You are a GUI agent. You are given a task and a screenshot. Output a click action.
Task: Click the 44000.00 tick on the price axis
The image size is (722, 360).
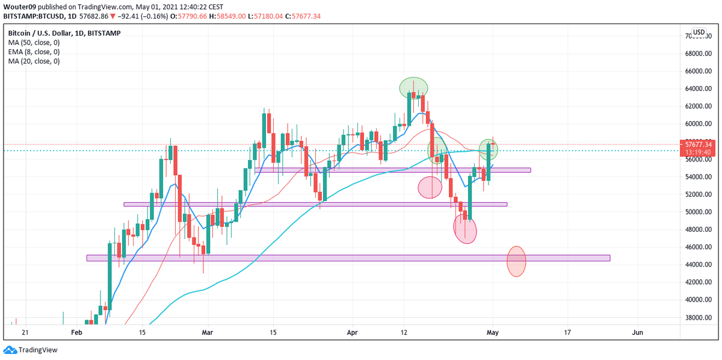click(x=699, y=265)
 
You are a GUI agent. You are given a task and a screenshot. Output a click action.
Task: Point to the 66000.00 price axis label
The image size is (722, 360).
click(x=699, y=71)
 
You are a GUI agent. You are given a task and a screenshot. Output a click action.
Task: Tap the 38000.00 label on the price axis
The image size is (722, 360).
click(x=699, y=317)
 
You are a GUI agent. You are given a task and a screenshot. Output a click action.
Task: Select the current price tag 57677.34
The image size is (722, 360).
click(x=699, y=144)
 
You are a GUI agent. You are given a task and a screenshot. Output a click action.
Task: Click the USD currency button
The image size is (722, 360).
click(x=699, y=32)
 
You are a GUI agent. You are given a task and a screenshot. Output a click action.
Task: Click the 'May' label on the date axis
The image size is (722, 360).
click(x=492, y=332)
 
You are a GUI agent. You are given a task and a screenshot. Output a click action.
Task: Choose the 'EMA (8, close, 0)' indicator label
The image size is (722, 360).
click(x=34, y=52)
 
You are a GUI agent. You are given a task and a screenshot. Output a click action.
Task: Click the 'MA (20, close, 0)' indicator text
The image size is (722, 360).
click(x=34, y=61)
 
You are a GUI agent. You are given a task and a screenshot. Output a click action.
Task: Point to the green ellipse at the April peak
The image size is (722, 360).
click(x=413, y=88)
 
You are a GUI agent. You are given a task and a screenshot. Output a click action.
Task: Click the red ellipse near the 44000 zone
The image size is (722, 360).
click(x=516, y=261)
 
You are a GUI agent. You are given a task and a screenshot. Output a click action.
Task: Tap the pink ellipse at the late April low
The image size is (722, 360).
click(x=464, y=229)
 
